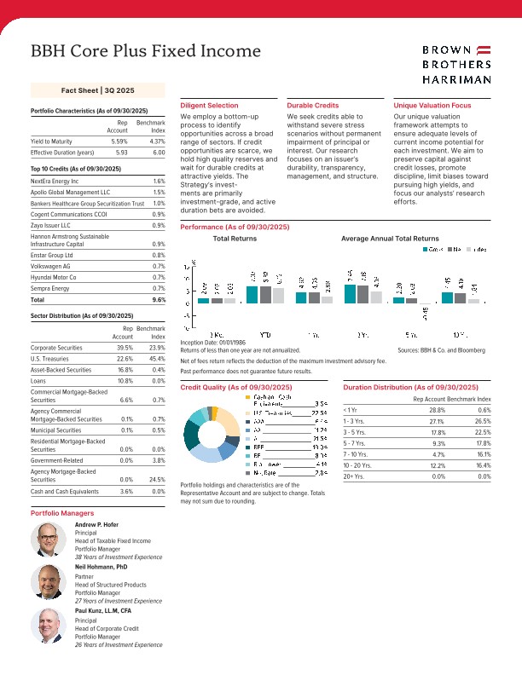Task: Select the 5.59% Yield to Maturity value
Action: coord(119,141)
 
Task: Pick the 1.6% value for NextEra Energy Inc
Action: coord(159,182)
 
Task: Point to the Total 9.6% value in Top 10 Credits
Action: coord(159,301)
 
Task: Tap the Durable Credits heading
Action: coord(312,105)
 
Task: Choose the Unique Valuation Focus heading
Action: coord(432,105)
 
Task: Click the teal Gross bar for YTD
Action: coord(252,294)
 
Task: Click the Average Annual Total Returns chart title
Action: coord(390,239)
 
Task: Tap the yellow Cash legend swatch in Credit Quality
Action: coord(248,397)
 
